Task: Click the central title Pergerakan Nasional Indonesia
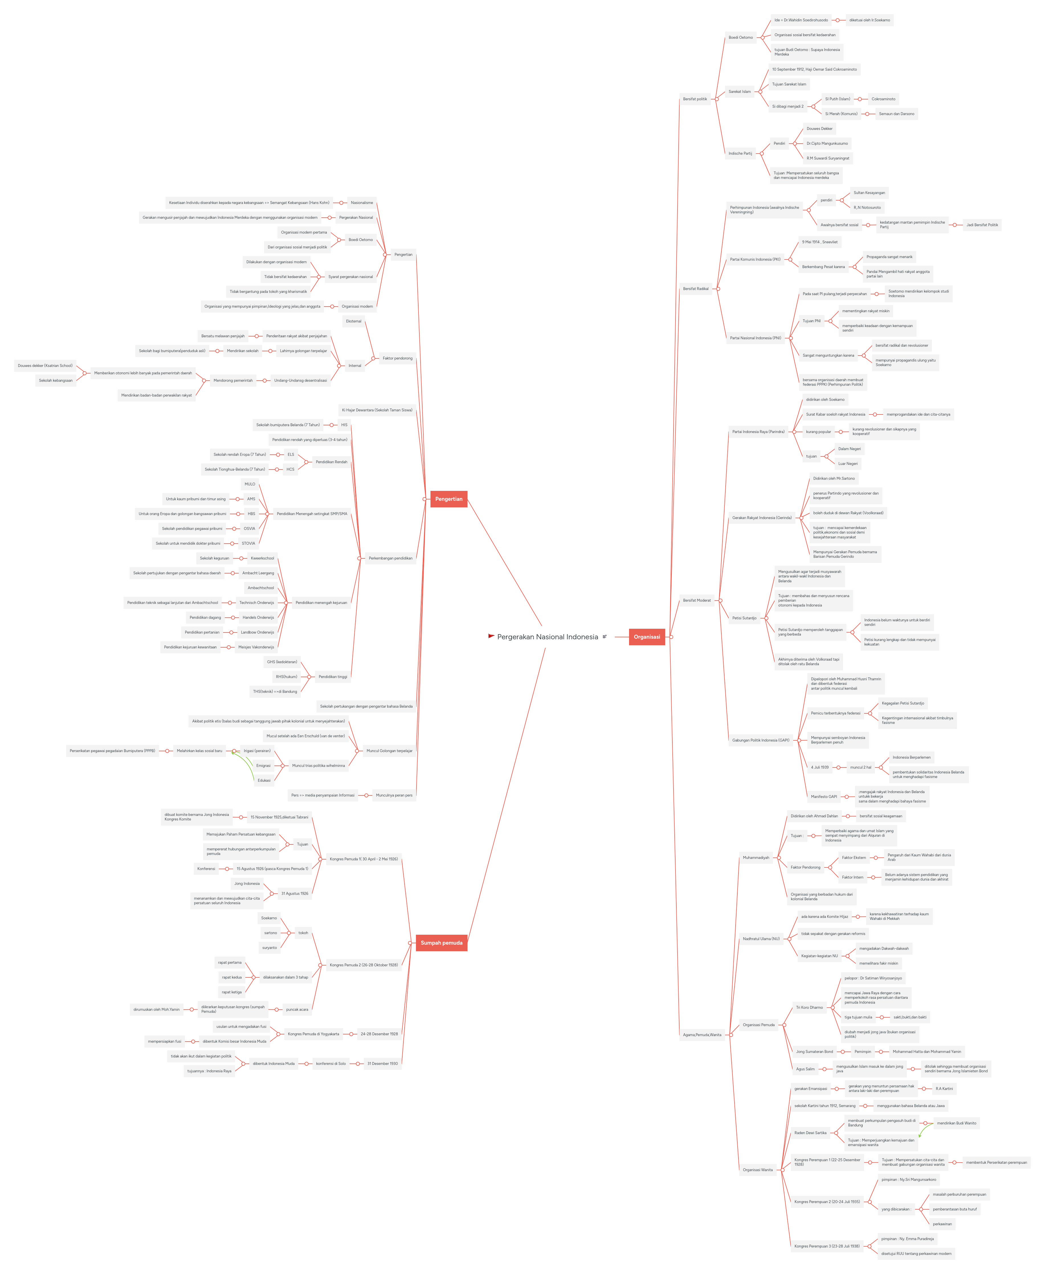pos(547,637)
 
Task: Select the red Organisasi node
pos(646,637)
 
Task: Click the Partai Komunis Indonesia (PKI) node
pos(755,259)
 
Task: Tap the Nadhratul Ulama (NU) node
pos(761,939)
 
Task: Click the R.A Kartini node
pos(944,1089)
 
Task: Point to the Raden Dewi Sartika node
pos(810,1133)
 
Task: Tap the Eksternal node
pos(353,321)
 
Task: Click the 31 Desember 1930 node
pos(382,1063)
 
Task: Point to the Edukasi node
pos(264,781)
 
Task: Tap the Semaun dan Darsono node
pos(896,114)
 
